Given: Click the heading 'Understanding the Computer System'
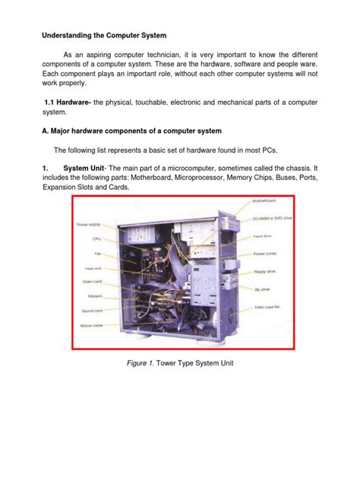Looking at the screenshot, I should point(100,35).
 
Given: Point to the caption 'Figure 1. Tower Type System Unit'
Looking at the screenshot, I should point(181,362).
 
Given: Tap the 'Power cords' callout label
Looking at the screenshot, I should point(266,254).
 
